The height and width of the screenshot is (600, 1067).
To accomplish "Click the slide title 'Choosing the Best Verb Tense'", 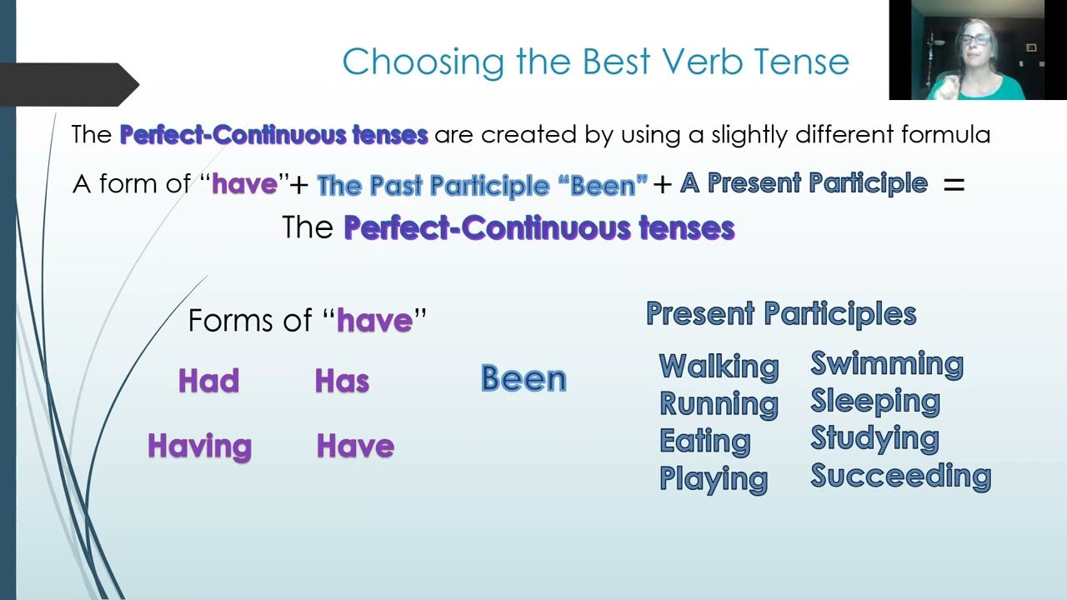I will (595, 62).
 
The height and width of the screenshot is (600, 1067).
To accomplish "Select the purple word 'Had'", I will (208, 381).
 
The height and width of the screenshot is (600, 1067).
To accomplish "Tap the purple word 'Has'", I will (342, 381).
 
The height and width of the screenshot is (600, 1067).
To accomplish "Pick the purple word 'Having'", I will (199, 446).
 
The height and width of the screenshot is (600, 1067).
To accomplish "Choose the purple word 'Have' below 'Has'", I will (355, 446).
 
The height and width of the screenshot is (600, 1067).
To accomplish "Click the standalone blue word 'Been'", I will (523, 378).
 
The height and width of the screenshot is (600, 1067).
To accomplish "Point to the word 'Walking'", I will (719, 366).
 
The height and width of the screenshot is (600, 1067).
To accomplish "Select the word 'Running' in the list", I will (719, 403).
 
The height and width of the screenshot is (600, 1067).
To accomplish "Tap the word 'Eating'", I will (704, 441).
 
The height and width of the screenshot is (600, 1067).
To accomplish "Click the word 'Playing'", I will (713, 478).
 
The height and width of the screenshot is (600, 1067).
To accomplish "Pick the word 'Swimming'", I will (887, 364).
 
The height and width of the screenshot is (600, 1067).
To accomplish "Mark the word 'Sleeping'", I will (875, 401).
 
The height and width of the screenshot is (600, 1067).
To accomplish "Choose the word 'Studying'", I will (874, 438).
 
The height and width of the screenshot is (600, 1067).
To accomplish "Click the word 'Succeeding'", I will (900, 476).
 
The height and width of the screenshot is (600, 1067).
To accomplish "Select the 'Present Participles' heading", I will (781, 313).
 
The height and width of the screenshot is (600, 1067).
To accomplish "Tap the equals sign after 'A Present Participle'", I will (954, 185).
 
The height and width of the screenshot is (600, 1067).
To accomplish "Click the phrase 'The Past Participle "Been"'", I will (482, 185).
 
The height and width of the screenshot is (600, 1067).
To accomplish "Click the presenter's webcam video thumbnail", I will (966, 50).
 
